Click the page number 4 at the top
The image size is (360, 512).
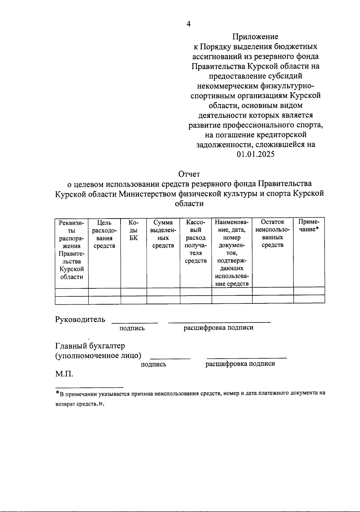(188, 24)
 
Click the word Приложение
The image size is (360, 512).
(255, 37)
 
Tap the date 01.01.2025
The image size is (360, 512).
(255, 155)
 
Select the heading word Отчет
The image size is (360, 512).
(189, 174)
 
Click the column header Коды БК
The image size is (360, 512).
(133, 230)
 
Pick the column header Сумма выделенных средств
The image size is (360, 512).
(163, 234)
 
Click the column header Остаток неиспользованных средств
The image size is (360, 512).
(272, 233)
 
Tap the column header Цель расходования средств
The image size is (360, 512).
(104, 234)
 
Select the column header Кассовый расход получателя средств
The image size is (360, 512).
(196, 242)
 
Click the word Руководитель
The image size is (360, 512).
(80, 319)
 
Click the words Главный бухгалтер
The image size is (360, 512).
(90, 346)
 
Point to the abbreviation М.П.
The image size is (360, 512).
(64, 374)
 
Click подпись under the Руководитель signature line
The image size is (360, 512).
(132, 328)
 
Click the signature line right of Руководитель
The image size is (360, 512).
(134, 323)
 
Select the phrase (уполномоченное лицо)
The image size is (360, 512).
(98, 356)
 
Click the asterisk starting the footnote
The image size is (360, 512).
(57, 393)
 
